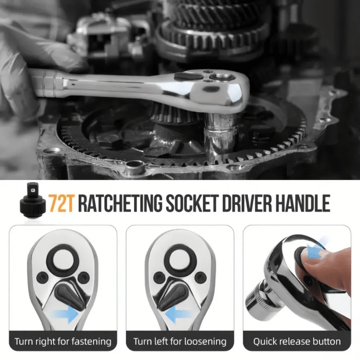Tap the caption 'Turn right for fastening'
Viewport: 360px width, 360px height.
tap(63, 342)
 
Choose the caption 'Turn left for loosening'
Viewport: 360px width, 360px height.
tap(180, 342)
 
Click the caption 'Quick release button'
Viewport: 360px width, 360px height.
tap(297, 342)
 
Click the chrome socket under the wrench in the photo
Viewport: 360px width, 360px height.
tap(221, 134)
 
